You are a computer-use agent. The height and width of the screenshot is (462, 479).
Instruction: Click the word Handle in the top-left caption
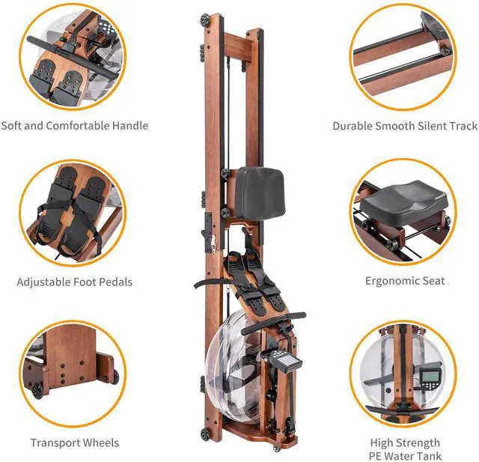pos(130,126)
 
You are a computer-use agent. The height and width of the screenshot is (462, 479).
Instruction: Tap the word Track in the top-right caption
pos(463,126)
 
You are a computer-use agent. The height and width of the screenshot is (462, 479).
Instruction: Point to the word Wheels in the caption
pos(101,443)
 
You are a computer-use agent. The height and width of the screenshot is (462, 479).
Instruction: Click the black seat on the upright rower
pos(260,192)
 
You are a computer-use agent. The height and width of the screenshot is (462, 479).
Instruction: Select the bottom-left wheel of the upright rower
pos(205,434)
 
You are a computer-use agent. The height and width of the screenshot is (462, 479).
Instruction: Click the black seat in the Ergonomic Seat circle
pos(404,204)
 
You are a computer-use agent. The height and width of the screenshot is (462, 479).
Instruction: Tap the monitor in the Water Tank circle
pos(428,380)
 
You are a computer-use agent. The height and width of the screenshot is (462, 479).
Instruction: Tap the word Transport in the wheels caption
pos(55,443)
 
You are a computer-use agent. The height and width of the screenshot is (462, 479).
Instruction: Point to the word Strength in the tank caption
pos(422,443)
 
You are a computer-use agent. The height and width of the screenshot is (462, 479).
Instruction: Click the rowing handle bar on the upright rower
pos(274,323)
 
